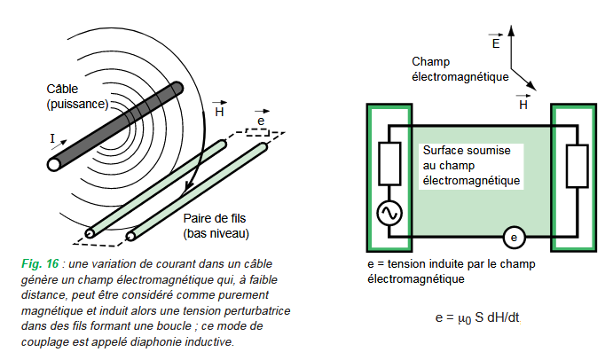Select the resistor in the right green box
tap(577, 164)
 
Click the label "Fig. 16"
tap(38, 263)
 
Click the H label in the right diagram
tap(523, 104)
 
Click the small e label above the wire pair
tap(259, 121)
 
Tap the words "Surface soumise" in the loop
tap(467, 151)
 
